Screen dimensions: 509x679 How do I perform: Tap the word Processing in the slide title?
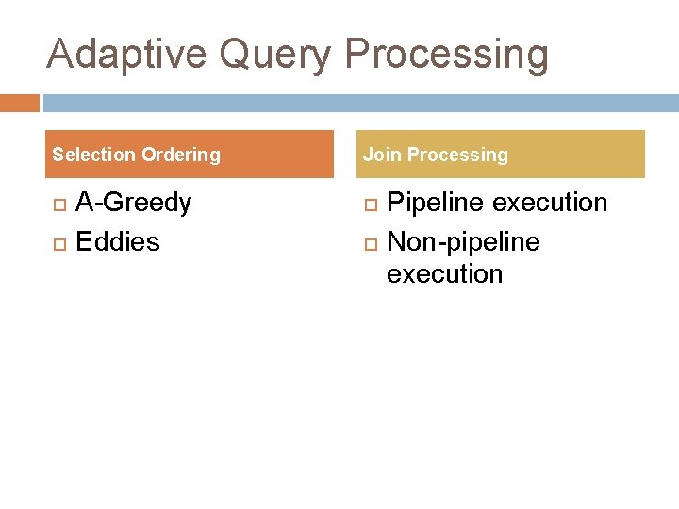tap(446, 54)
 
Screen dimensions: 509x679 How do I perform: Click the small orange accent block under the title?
tap(19, 102)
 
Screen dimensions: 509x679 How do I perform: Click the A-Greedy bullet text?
tap(133, 203)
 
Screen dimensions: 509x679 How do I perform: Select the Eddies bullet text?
tap(118, 242)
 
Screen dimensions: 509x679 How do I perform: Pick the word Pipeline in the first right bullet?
tap(438, 203)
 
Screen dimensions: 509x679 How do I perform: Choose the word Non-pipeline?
tap(463, 242)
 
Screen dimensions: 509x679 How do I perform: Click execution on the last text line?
tap(444, 274)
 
